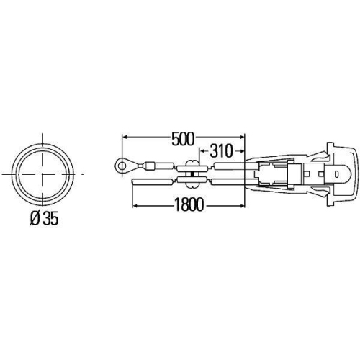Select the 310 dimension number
[218, 151]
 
